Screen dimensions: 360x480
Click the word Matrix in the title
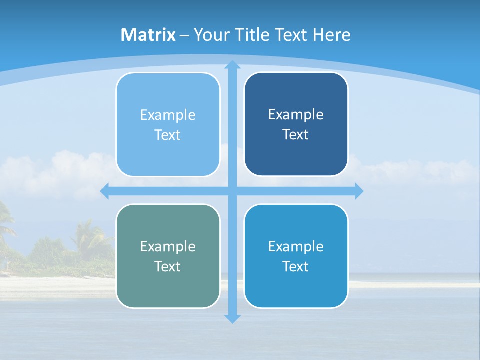(x=148, y=35)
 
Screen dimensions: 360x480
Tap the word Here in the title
(x=331, y=35)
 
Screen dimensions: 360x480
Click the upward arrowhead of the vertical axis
(x=232, y=65)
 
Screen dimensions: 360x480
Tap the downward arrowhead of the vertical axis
(x=232, y=318)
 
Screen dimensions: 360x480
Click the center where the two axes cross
(x=232, y=191)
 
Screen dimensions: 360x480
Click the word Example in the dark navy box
(x=296, y=115)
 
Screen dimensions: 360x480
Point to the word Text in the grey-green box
(x=168, y=266)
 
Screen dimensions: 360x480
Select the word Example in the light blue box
(x=168, y=115)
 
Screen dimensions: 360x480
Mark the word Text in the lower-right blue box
(x=296, y=266)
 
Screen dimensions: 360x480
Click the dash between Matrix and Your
(x=184, y=35)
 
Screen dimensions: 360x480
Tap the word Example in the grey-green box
(x=168, y=246)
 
